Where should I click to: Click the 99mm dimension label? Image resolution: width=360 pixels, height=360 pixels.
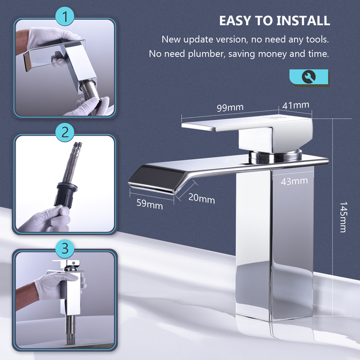pyautogui.click(x=230, y=108)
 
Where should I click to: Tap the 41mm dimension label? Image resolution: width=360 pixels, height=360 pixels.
pyautogui.click(x=296, y=106)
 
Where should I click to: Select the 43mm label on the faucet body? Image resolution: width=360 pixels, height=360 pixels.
pyautogui.click(x=294, y=181)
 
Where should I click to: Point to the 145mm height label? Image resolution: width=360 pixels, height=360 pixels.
pyautogui.click(x=343, y=217)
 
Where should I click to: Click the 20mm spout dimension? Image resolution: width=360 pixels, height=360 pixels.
pyautogui.click(x=202, y=199)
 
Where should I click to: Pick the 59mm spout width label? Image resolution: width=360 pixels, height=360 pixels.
pyautogui.click(x=149, y=204)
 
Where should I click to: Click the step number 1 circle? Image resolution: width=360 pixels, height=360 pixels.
pyautogui.click(x=65, y=16)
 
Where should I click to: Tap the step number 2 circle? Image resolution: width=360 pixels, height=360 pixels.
pyautogui.click(x=65, y=132)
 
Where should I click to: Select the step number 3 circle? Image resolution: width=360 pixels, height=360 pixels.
pyautogui.click(x=65, y=248)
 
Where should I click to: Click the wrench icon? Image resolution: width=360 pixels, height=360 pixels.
pyautogui.click(x=308, y=77)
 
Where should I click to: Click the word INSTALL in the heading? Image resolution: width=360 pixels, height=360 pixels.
pyautogui.click(x=303, y=20)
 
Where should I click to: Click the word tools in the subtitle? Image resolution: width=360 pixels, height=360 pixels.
pyautogui.click(x=317, y=40)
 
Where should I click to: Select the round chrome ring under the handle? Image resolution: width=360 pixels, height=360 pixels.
pyautogui.click(x=275, y=156)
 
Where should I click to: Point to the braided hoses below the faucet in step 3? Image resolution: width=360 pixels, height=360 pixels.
pyautogui.click(x=70, y=330)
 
